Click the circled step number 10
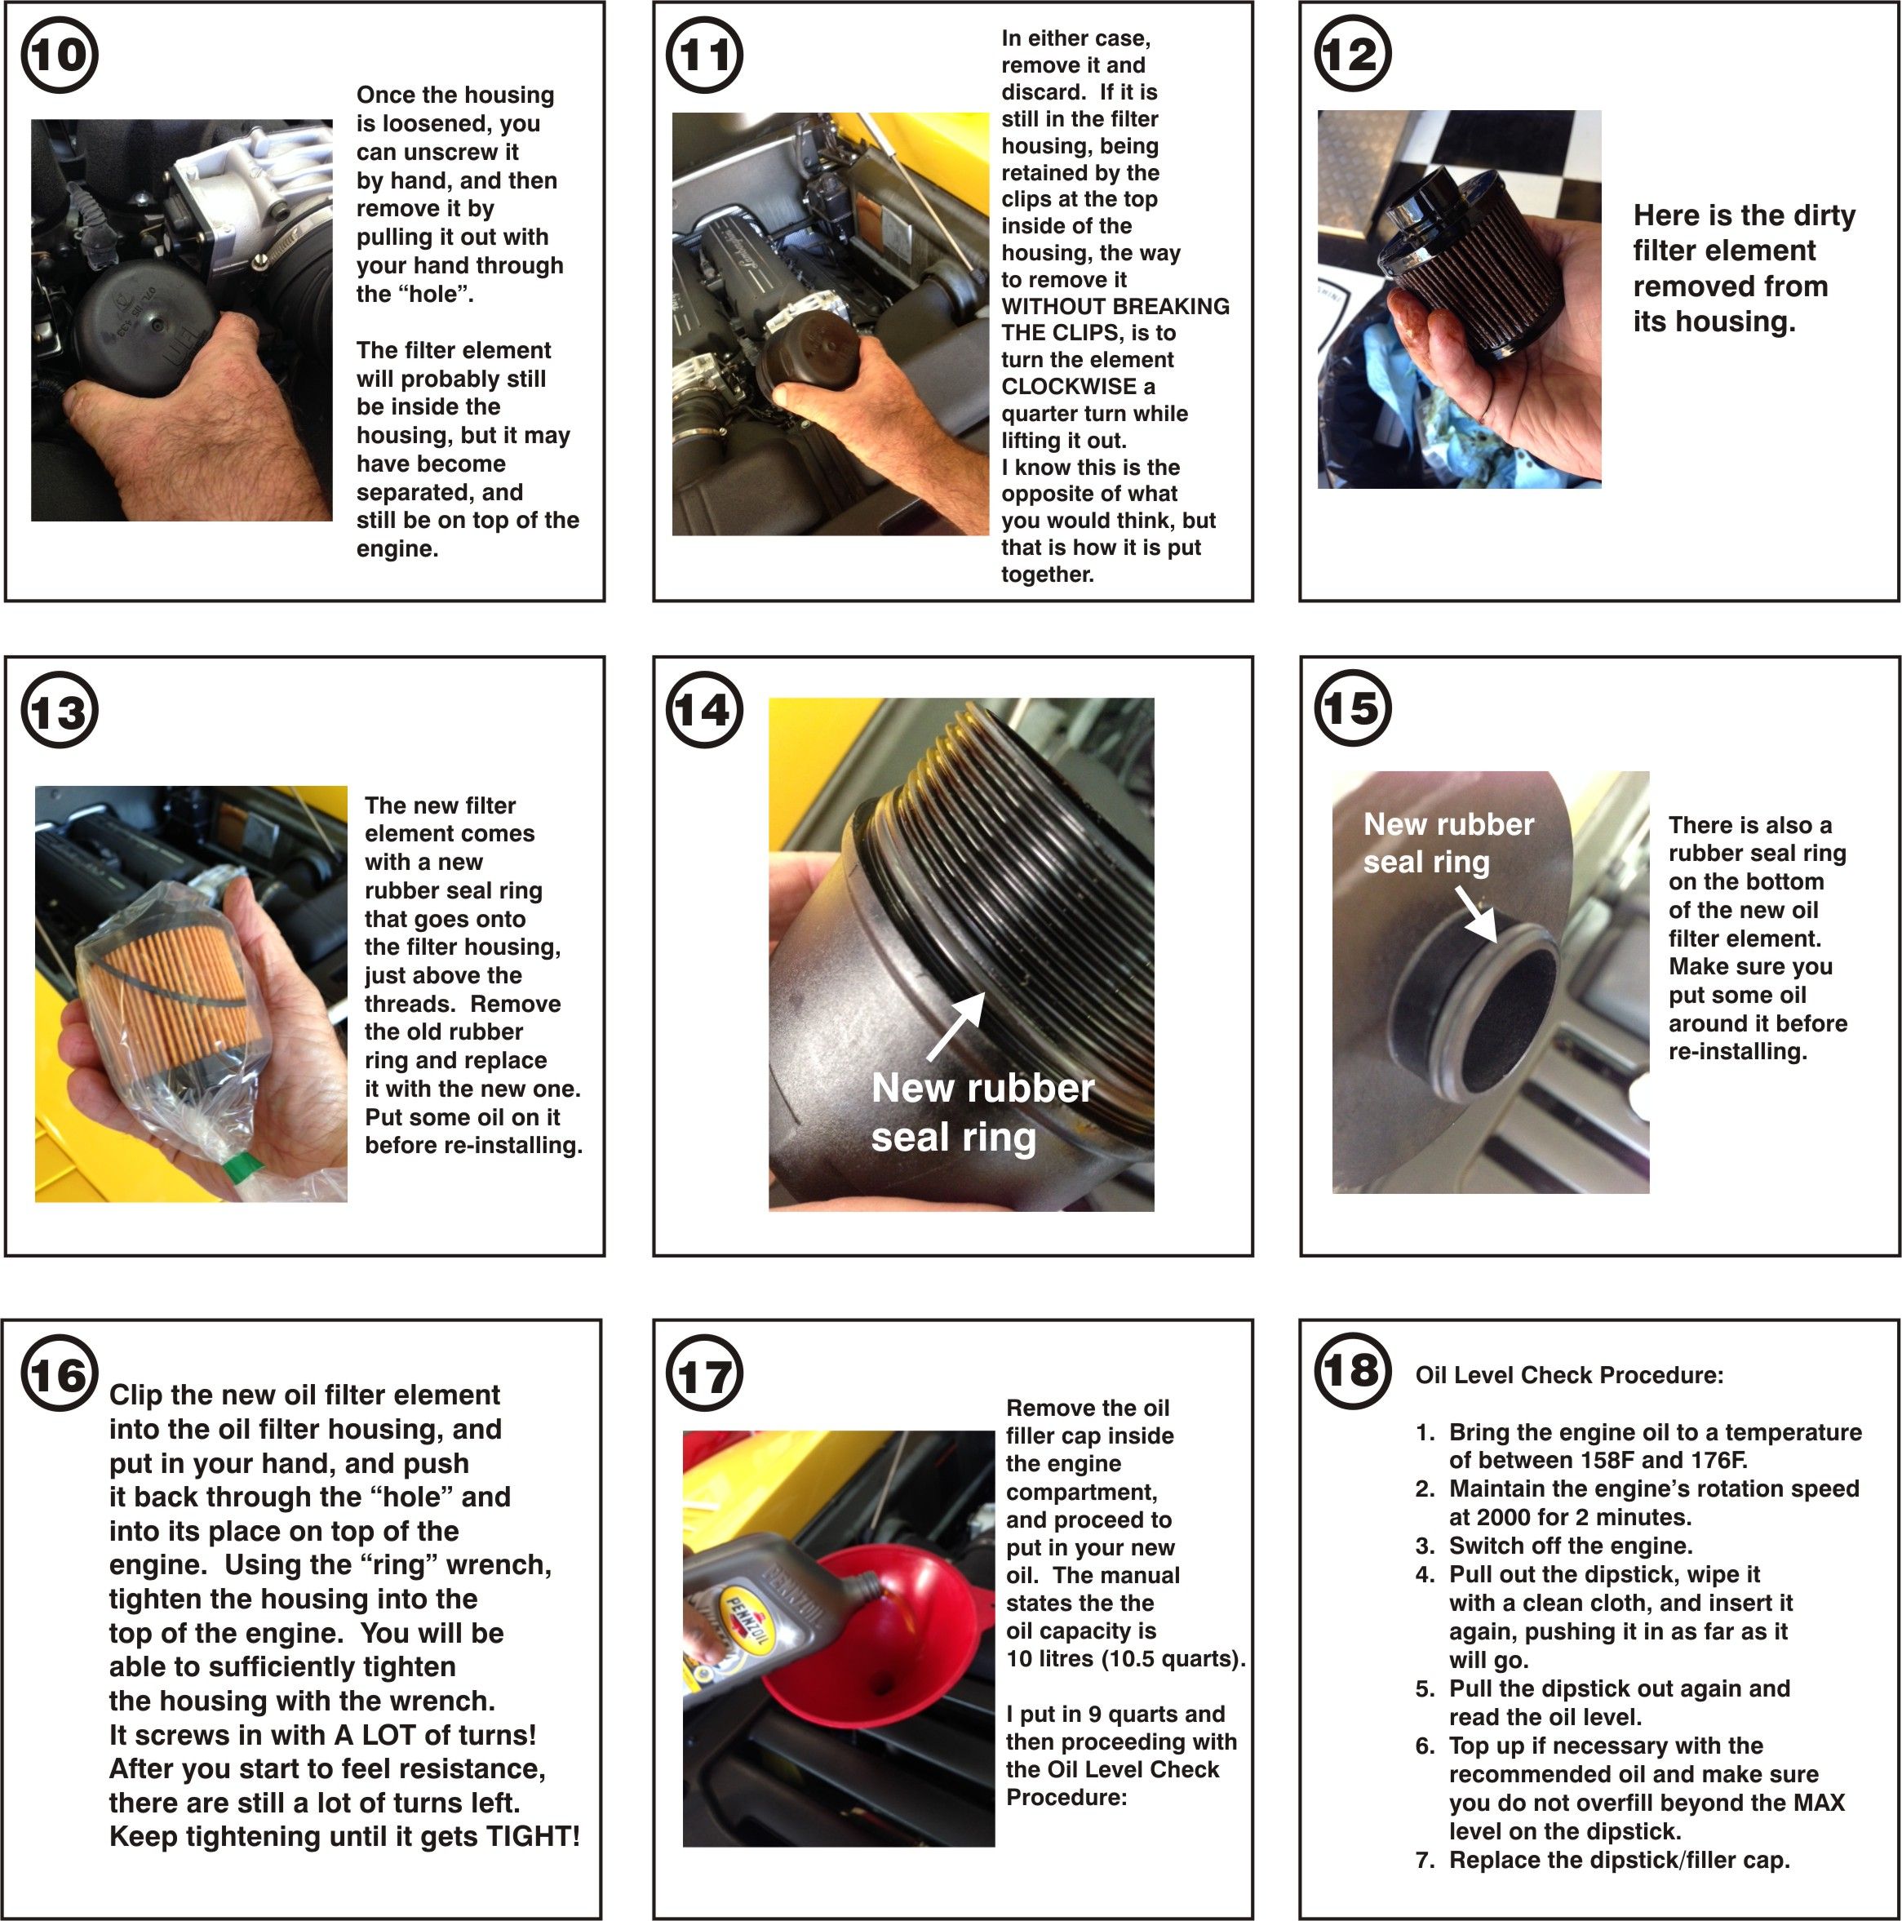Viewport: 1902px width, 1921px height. click(x=60, y=55)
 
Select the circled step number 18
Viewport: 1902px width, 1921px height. click(x=1352, y=1371)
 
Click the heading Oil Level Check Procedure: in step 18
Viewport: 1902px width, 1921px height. click(x=1569, y=1375)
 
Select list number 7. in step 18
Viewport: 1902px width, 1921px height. click(x=1425, y=1861)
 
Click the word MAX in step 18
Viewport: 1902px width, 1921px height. click(x=1819, y=1803)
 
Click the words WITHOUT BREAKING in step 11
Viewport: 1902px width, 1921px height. click(x=1115, y=306)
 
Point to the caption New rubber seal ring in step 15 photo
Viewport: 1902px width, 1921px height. click(x=1448, y=843)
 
